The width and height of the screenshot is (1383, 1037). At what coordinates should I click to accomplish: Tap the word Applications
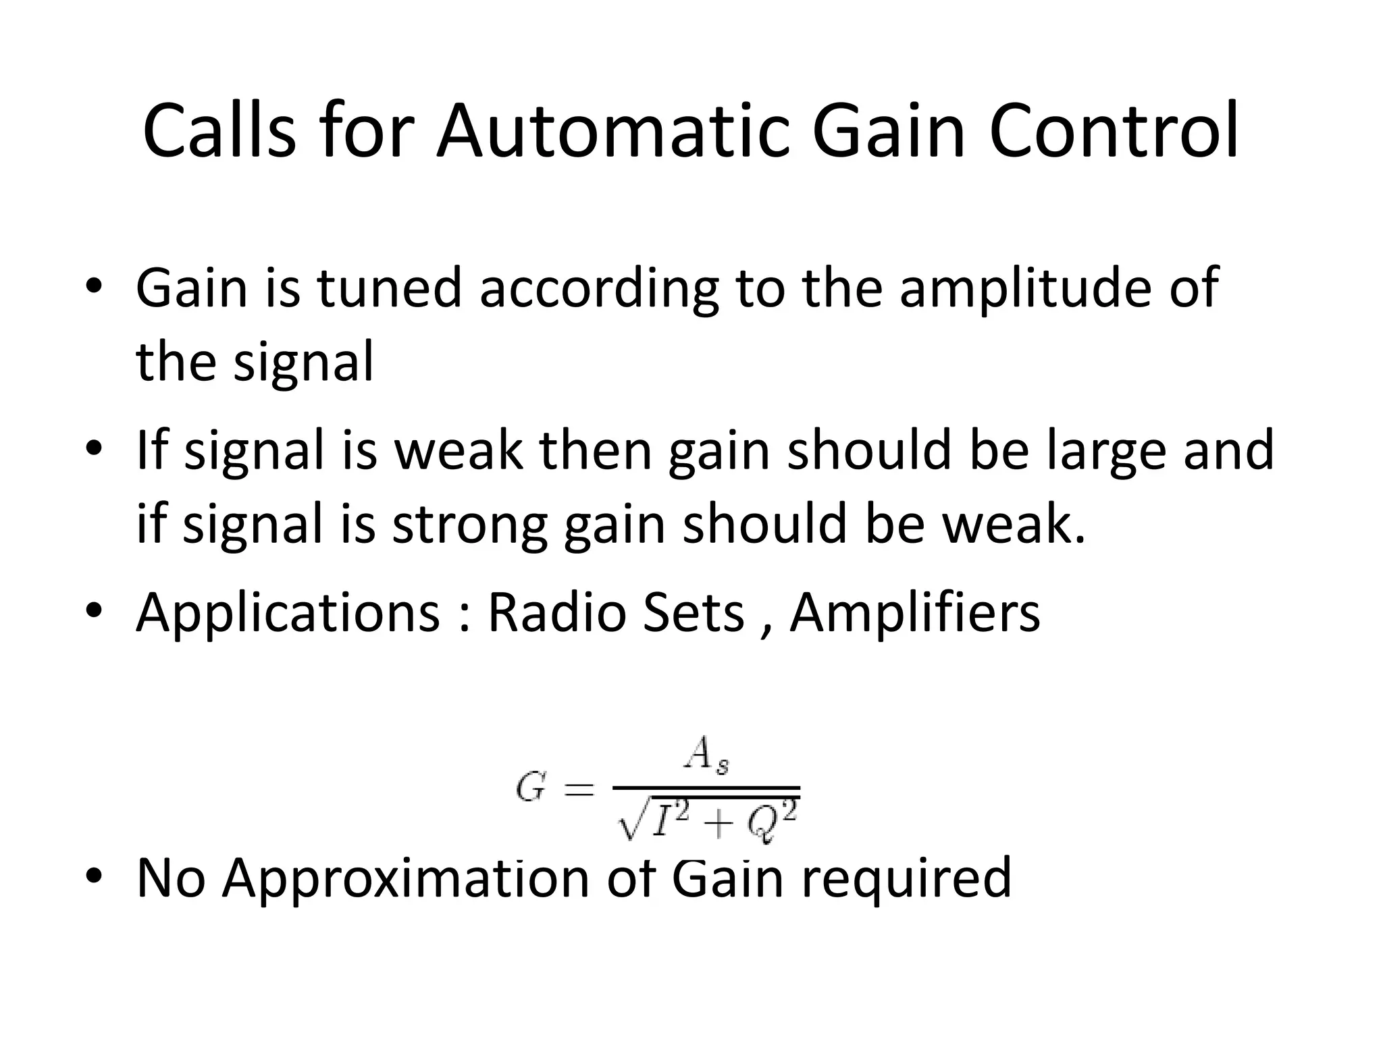coord(288,613)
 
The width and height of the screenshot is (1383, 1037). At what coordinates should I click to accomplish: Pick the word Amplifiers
coord(914,613)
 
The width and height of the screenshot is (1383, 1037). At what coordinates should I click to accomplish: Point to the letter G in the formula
coord(530,788)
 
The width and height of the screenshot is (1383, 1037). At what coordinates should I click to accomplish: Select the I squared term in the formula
coord(671,820)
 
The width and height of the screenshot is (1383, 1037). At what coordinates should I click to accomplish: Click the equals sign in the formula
coord(578,789)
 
